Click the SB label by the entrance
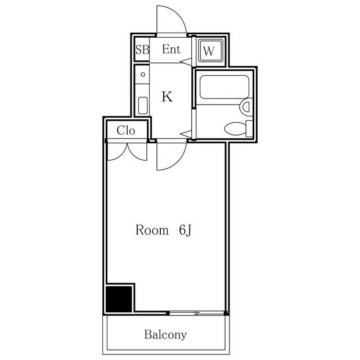[x=142, y=49]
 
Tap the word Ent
[x=171, y=49]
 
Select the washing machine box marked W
[x=209, y=51]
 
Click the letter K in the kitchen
[x=166, y=97]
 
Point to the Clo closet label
[x=126, y=130]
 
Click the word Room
[x=152, y=230]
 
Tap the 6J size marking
[x=186, y=230]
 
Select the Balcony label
[x=165, y=335]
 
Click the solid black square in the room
[x=119, y=299]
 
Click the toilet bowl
[x=235, y=129]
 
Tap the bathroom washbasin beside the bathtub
[x=246, y=106]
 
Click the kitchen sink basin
[x=143, y=105]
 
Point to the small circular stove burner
[x=143, y=74]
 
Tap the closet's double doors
[x=127, y=151]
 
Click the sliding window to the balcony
[x=196, y=312]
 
